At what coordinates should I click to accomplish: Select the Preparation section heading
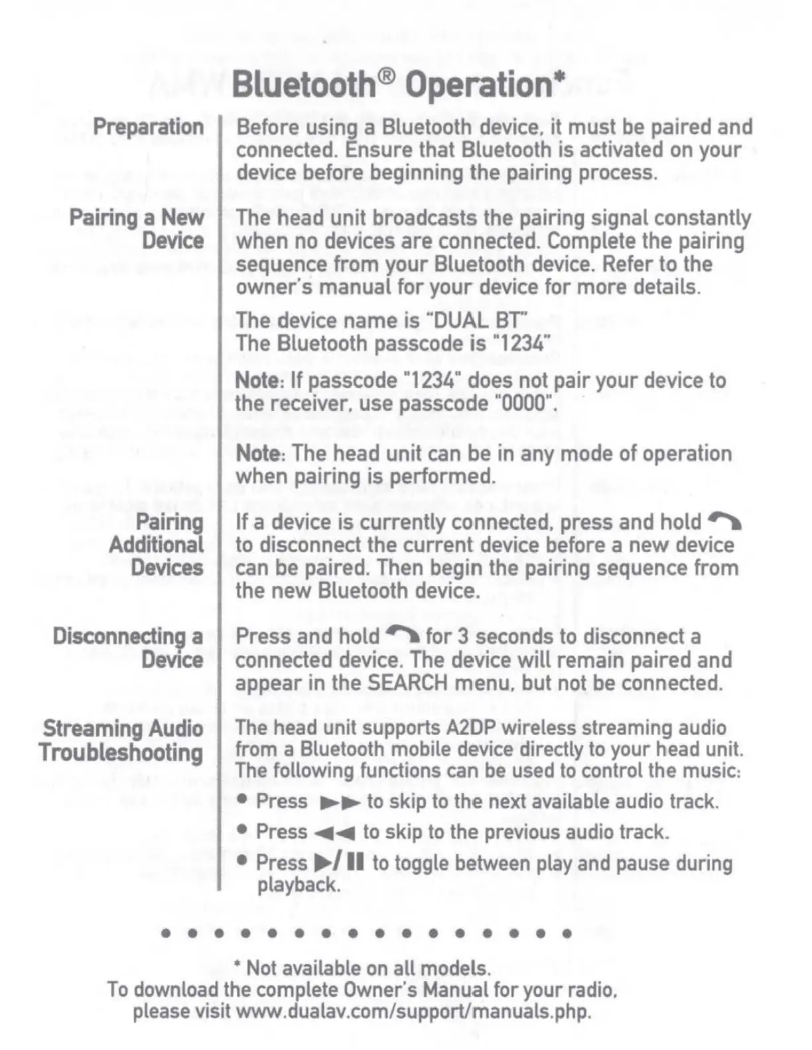click(x=148, y=126)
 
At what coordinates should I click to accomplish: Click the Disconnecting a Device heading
click(x=128, y=648)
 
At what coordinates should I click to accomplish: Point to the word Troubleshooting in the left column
click(x=121, y=752)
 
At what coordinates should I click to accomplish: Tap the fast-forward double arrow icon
click(x=340, y=803)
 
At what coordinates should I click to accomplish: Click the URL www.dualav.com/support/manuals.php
click(x=413, y=1012)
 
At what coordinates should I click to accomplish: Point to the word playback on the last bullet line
click(x=298, y=885)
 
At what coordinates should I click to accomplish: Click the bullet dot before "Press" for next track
click(x=243, y=800)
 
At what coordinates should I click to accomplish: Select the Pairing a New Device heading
click(x=137, y=229)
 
